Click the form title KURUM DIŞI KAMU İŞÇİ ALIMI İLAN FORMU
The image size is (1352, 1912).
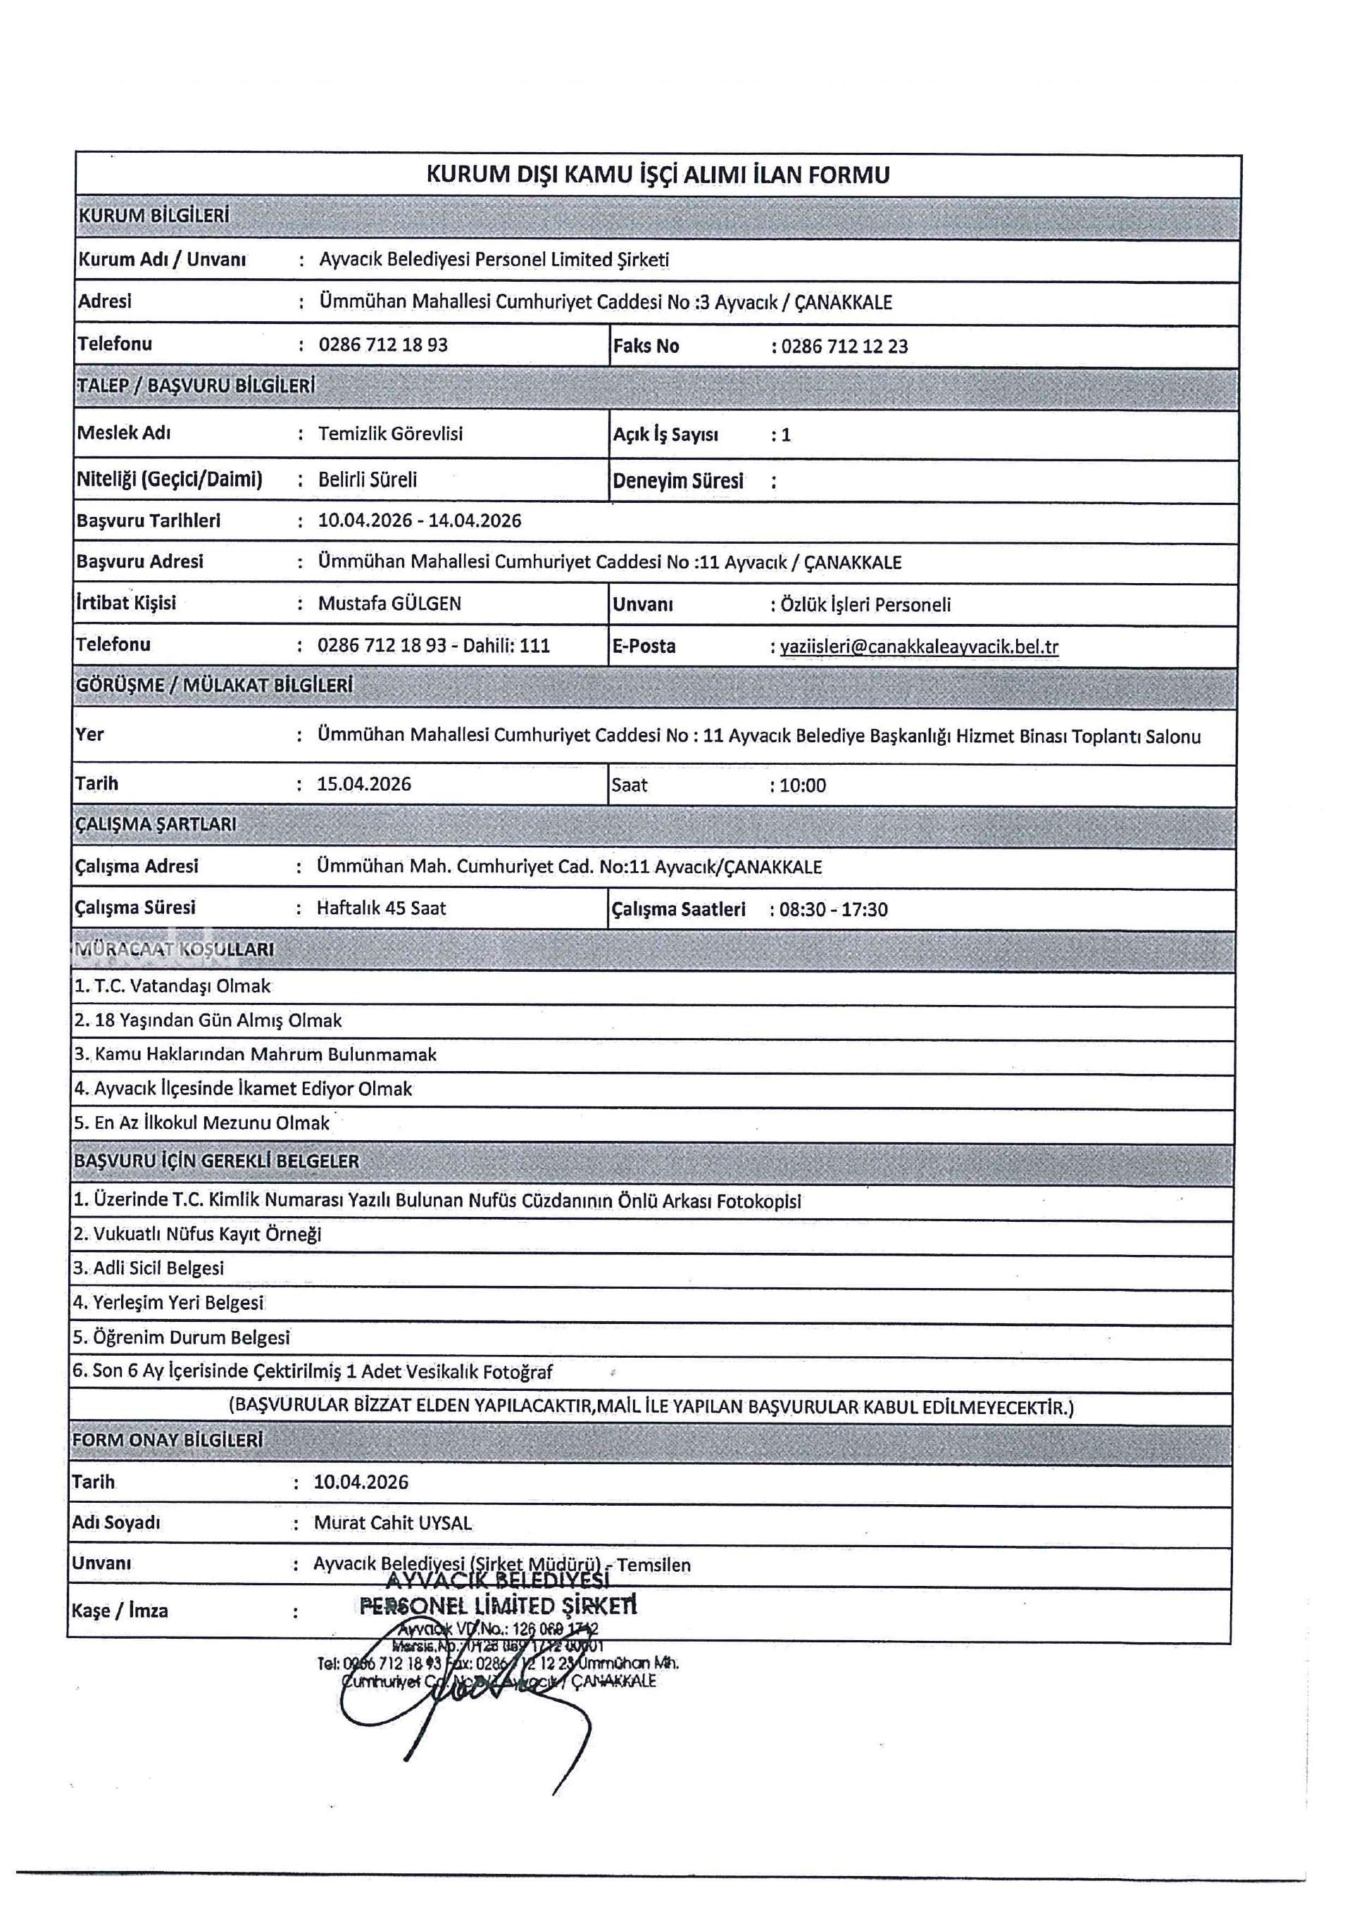(x=658, y=175)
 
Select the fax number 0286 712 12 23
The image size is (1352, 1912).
(x=844, y=346)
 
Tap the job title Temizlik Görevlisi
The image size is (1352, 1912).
(x=390, y=434)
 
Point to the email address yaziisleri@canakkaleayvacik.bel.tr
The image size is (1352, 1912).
(x=919, y=647)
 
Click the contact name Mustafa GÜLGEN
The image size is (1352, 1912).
(x=389, y=604)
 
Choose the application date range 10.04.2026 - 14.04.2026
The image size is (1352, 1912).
(x=420, y=521)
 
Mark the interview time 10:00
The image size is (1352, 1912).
(x=803, y=785)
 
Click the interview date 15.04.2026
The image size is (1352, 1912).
(x=364, y=785)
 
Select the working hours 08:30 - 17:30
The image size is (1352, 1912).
(x=833, y=909)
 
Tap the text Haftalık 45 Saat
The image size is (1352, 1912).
(x=381, y=908)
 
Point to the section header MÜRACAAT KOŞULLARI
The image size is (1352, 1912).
(x=174, y=949)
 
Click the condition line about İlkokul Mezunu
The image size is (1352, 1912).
(x=201, y=1123)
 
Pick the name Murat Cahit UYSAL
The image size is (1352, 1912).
(x=393, y=1523)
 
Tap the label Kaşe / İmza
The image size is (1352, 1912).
(x=120, y=1611)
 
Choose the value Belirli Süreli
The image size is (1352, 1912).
(x=367, y=480)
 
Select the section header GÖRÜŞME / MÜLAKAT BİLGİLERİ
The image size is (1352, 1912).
(x=215, y=685)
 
